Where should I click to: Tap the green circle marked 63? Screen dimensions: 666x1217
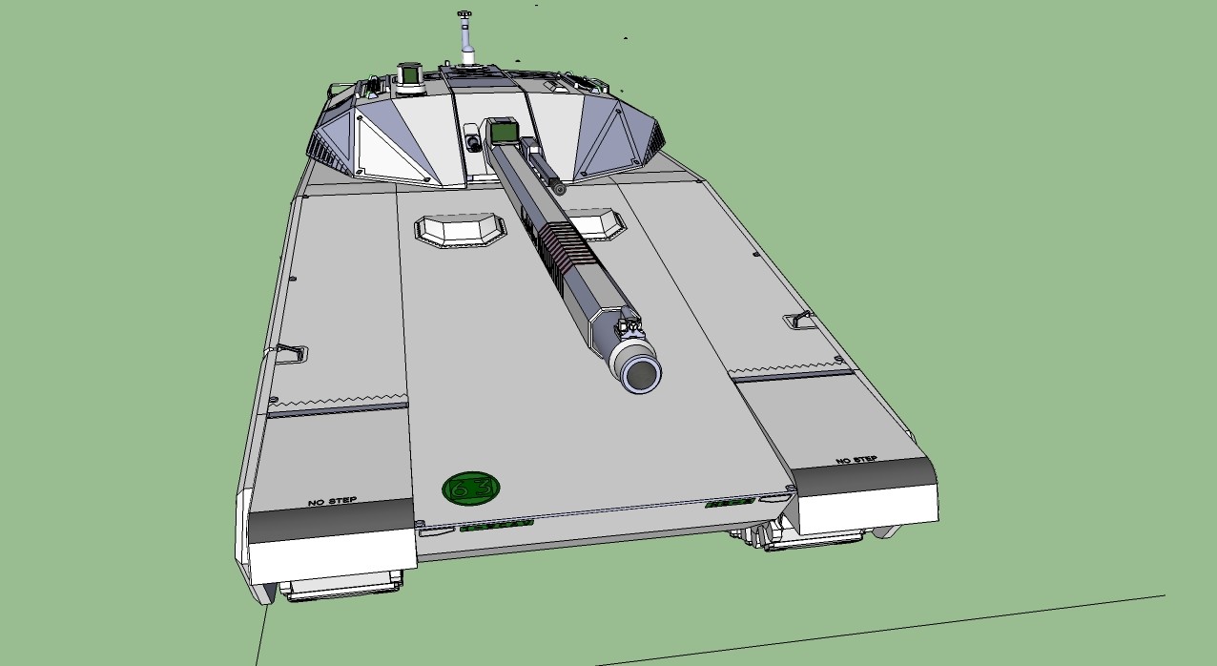[471, 489]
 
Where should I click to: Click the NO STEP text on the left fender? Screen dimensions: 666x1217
[333, 501]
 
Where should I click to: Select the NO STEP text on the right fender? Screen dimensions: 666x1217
[856, 460]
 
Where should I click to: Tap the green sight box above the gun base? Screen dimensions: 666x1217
[502, 132]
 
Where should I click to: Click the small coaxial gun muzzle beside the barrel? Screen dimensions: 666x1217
[559, 190]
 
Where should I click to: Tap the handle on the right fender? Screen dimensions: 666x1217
[799, 320]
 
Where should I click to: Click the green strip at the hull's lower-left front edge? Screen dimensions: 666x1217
[496, 524]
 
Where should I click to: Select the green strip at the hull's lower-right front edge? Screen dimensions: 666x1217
[730, 502]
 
